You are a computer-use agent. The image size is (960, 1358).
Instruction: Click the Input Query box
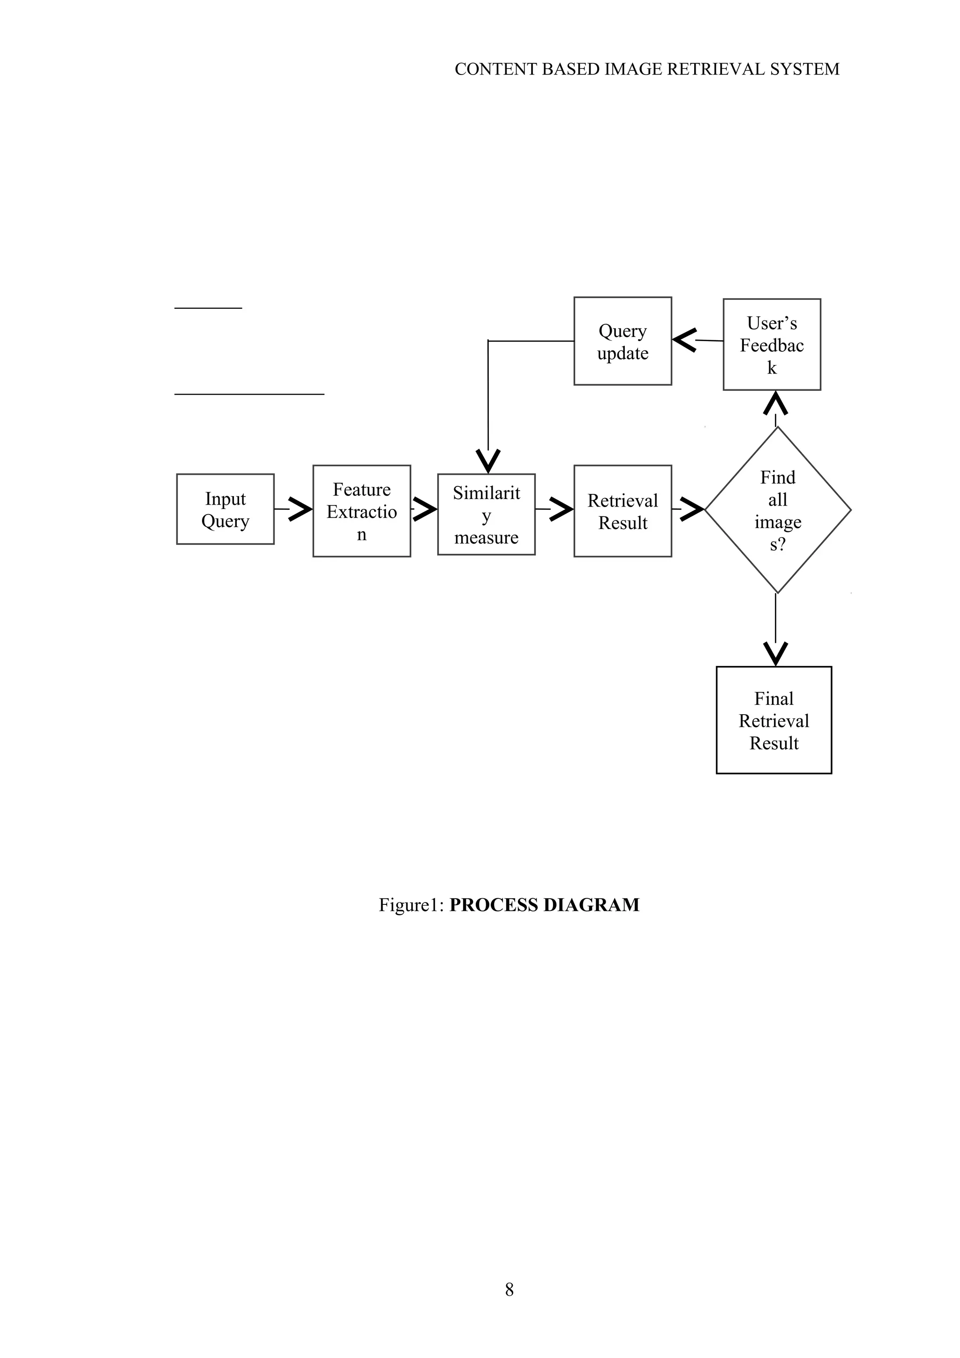[225, 509]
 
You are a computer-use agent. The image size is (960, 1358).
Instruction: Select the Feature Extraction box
[361, 511]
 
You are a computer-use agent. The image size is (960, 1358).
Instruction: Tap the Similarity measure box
[486, 515]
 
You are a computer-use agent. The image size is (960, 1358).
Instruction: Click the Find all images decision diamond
[777, 510]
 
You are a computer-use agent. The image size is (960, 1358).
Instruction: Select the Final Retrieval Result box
[774, 720]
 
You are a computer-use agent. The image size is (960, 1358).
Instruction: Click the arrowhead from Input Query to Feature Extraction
[300, 509]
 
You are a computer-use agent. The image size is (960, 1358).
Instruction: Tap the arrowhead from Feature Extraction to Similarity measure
[425, 509]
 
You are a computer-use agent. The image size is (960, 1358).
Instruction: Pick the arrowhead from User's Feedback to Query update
[684, 340]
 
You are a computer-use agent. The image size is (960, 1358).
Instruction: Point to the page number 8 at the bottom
[509, 1290]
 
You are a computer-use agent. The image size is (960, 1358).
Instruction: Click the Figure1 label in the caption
[411, 905]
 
